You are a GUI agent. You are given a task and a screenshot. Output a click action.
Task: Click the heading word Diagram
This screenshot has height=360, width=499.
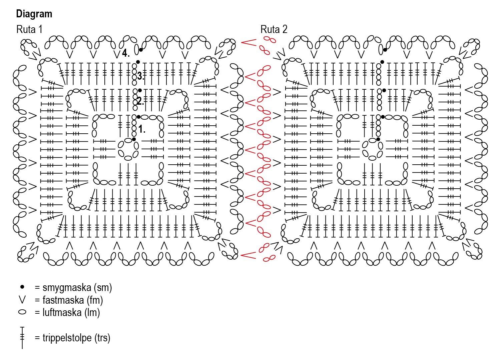(x=34, y=14)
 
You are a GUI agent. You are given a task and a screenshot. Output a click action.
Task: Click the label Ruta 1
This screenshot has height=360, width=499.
(x=29, y=29)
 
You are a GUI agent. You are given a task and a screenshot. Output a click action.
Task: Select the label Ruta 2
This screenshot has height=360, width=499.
(x=274, y=29)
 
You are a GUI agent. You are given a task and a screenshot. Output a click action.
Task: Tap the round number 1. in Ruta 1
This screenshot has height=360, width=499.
(x=142, y=129)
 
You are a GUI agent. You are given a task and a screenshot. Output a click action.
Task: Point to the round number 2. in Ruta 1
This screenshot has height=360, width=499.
(x=140, y=101)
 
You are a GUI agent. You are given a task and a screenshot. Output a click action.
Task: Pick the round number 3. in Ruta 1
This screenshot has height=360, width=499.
(x=140, y=76)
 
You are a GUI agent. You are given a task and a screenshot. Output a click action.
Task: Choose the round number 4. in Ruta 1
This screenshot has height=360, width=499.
(x=126, y=53)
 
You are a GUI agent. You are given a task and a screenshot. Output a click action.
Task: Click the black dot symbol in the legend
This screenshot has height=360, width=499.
(x=22, y=287)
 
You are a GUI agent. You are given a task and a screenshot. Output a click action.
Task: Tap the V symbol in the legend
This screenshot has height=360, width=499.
(x=22, y=300)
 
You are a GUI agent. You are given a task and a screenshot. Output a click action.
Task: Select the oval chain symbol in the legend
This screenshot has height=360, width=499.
(x=22, y=312)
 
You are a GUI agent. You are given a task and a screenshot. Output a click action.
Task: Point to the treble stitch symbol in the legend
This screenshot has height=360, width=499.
(x=22, y=338)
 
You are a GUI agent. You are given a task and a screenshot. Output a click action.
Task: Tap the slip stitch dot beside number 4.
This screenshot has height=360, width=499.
(x=141, y=50)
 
